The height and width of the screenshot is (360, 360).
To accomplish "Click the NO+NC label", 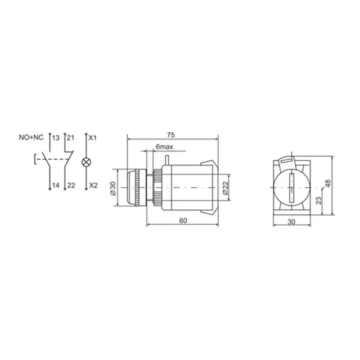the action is [x=31, y=137].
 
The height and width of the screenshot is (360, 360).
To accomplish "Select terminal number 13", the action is [x=56, y=138].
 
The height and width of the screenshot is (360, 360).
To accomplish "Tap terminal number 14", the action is [x=56, y=185].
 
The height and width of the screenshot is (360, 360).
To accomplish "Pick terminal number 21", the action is [x=71, y=138].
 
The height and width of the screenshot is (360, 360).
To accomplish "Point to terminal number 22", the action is [x=71, y=185].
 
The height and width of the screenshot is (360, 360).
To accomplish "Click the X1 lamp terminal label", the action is [x=93, y=138].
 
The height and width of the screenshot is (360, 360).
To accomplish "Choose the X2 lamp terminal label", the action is [x=93, y=185].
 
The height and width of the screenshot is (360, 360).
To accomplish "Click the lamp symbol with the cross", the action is [x=86, y=162].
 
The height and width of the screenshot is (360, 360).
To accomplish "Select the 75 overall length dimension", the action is [x=171, y=135].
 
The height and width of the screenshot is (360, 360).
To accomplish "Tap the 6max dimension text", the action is [x=164, y=146].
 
